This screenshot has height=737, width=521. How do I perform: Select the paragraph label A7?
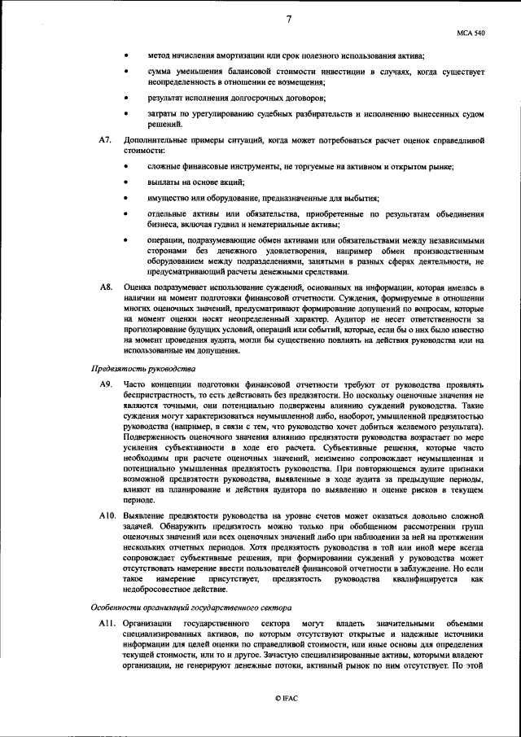(x=105, y=140)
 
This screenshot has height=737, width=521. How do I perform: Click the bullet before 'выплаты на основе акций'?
(x=126, y=182)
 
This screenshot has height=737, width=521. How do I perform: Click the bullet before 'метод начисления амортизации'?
(x=126, y=55)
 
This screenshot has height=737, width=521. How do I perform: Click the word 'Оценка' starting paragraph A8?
(x=138, y=288)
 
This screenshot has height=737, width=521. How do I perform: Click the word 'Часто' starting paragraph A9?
(x=134, y=384)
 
